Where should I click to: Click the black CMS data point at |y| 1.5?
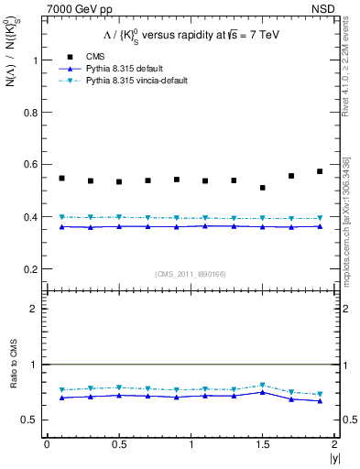click(x=263, y=188)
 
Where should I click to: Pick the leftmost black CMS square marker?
click(x=61, y=178)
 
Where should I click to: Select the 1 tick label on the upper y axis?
click(x=38, y=60)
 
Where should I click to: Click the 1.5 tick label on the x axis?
click(x=263, y=444)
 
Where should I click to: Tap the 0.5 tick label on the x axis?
click(x=118, y=444)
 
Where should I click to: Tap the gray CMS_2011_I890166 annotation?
click(x=191, y=274)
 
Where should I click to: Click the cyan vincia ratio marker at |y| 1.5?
click(x=263, y=386)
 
